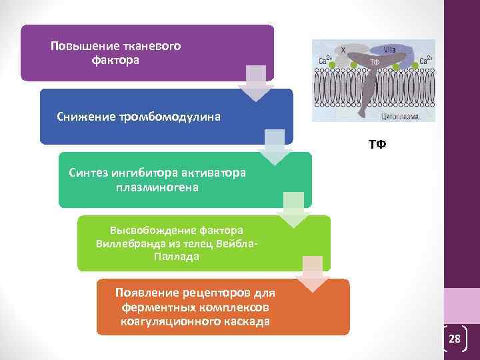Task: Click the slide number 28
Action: pos(455,339)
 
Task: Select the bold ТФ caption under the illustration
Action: pos(377,144)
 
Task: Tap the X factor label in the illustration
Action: pos(343,49)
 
